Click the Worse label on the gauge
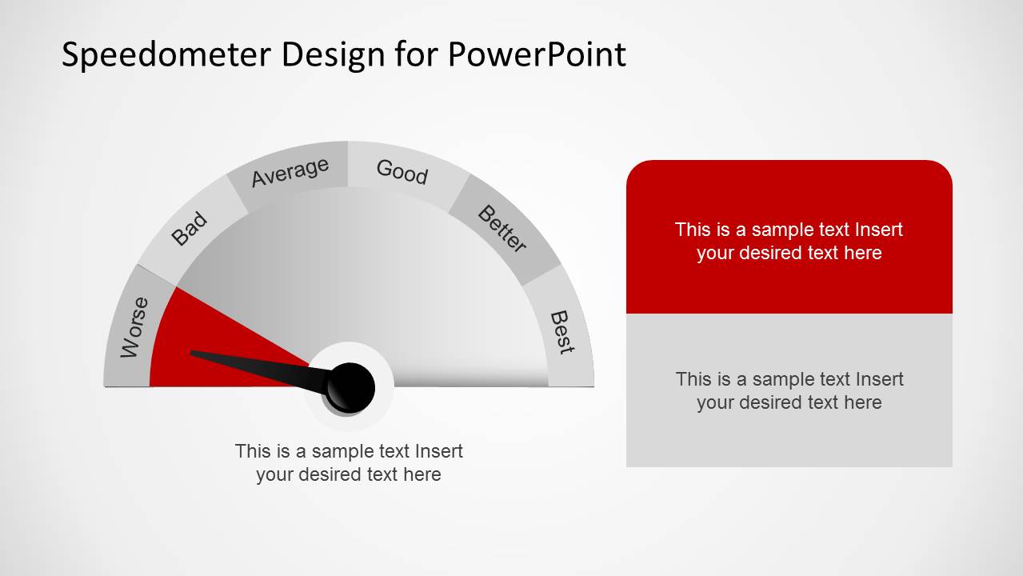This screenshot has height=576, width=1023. pos(134,327)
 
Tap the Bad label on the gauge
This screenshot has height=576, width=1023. pos(189,228)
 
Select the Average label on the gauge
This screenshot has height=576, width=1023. pos(290,172)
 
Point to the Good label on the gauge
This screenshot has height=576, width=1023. pos(402,172)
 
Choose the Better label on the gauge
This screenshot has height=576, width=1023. pos(502,228)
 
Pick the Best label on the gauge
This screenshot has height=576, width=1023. pos(562,332)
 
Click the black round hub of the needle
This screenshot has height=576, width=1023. pos(350,388)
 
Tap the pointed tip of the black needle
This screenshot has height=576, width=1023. pos(191,352)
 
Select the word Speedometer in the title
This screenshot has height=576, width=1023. pos(166,55)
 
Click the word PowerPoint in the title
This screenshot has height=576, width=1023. pos(537,54)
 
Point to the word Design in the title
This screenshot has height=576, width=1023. pos(333,56)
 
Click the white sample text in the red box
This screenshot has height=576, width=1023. pos(789,241)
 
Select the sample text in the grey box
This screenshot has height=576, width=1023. pos(789,391)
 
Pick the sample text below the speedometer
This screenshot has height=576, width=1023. pos(349,462)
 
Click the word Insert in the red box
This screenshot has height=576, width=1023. pos(879,230)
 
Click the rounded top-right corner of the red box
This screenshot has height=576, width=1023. pos(945,167)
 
